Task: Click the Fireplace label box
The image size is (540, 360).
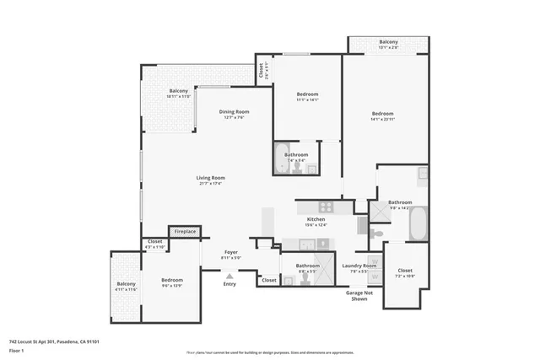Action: (x=185, y=231)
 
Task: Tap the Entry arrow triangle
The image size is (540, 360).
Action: (x=229, y=275)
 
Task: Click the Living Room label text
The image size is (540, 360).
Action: (x=211, y=178)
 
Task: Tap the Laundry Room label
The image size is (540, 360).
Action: (x=359, y=266)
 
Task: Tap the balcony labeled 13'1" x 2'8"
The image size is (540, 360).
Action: (x=388, y=44)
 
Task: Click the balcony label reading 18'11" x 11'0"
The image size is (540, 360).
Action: (x=179, y=94)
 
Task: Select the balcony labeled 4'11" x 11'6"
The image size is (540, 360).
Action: (x=126, y=286)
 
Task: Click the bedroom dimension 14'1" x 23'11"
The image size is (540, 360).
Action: (x=382, y=119)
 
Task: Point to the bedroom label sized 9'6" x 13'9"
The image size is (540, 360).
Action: (x=172, y=282)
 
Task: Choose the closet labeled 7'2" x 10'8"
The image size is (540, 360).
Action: (x=406, y=272)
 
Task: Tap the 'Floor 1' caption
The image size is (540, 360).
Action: (x=16, y=349)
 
